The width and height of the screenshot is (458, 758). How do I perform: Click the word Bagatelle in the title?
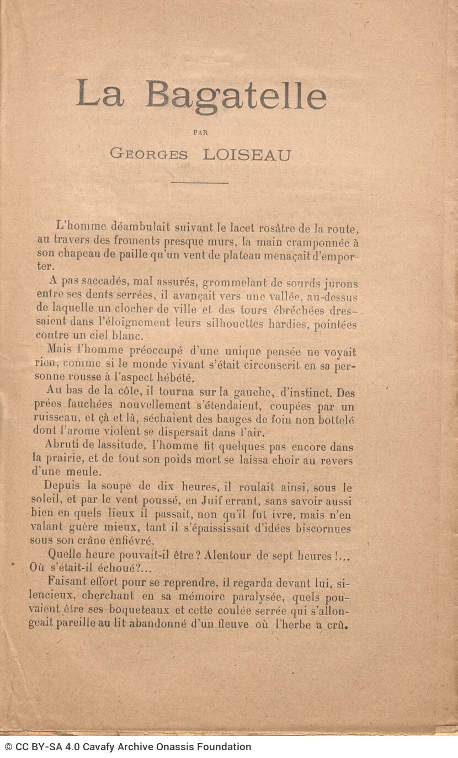tap(236, 95)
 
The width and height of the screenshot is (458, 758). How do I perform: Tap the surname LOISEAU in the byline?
tap(246, 154)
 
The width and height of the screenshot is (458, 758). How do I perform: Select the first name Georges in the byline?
tap(149, 154)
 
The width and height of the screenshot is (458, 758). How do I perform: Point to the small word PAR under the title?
tap(201, 132)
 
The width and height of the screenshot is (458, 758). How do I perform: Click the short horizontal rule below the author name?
tap(199, 183)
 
